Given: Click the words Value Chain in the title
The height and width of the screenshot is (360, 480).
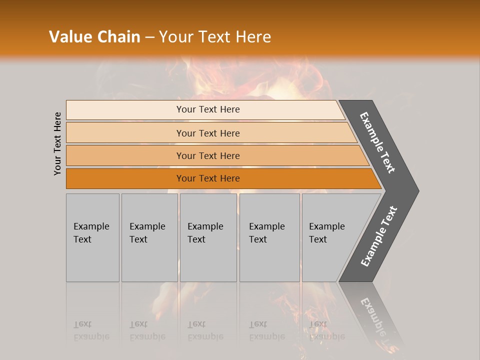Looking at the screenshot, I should [x=94, y=37].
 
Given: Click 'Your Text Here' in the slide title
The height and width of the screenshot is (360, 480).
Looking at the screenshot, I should [x=215, y=37].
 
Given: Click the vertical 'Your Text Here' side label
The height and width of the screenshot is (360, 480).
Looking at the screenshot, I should [x=57, y=143].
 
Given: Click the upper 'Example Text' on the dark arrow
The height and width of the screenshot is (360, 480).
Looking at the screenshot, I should [x=377, y=142].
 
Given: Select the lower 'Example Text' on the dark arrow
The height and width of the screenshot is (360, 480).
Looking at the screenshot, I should [x=378, y=236].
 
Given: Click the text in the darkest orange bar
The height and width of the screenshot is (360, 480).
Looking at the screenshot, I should [x=208, y=178].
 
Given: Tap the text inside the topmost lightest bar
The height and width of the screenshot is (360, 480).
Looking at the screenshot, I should [x=208, y=109].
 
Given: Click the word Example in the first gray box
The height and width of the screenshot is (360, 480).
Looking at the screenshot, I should [x=91, y=226].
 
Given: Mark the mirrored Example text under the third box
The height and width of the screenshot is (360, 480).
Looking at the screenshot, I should [x=205, y=336].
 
